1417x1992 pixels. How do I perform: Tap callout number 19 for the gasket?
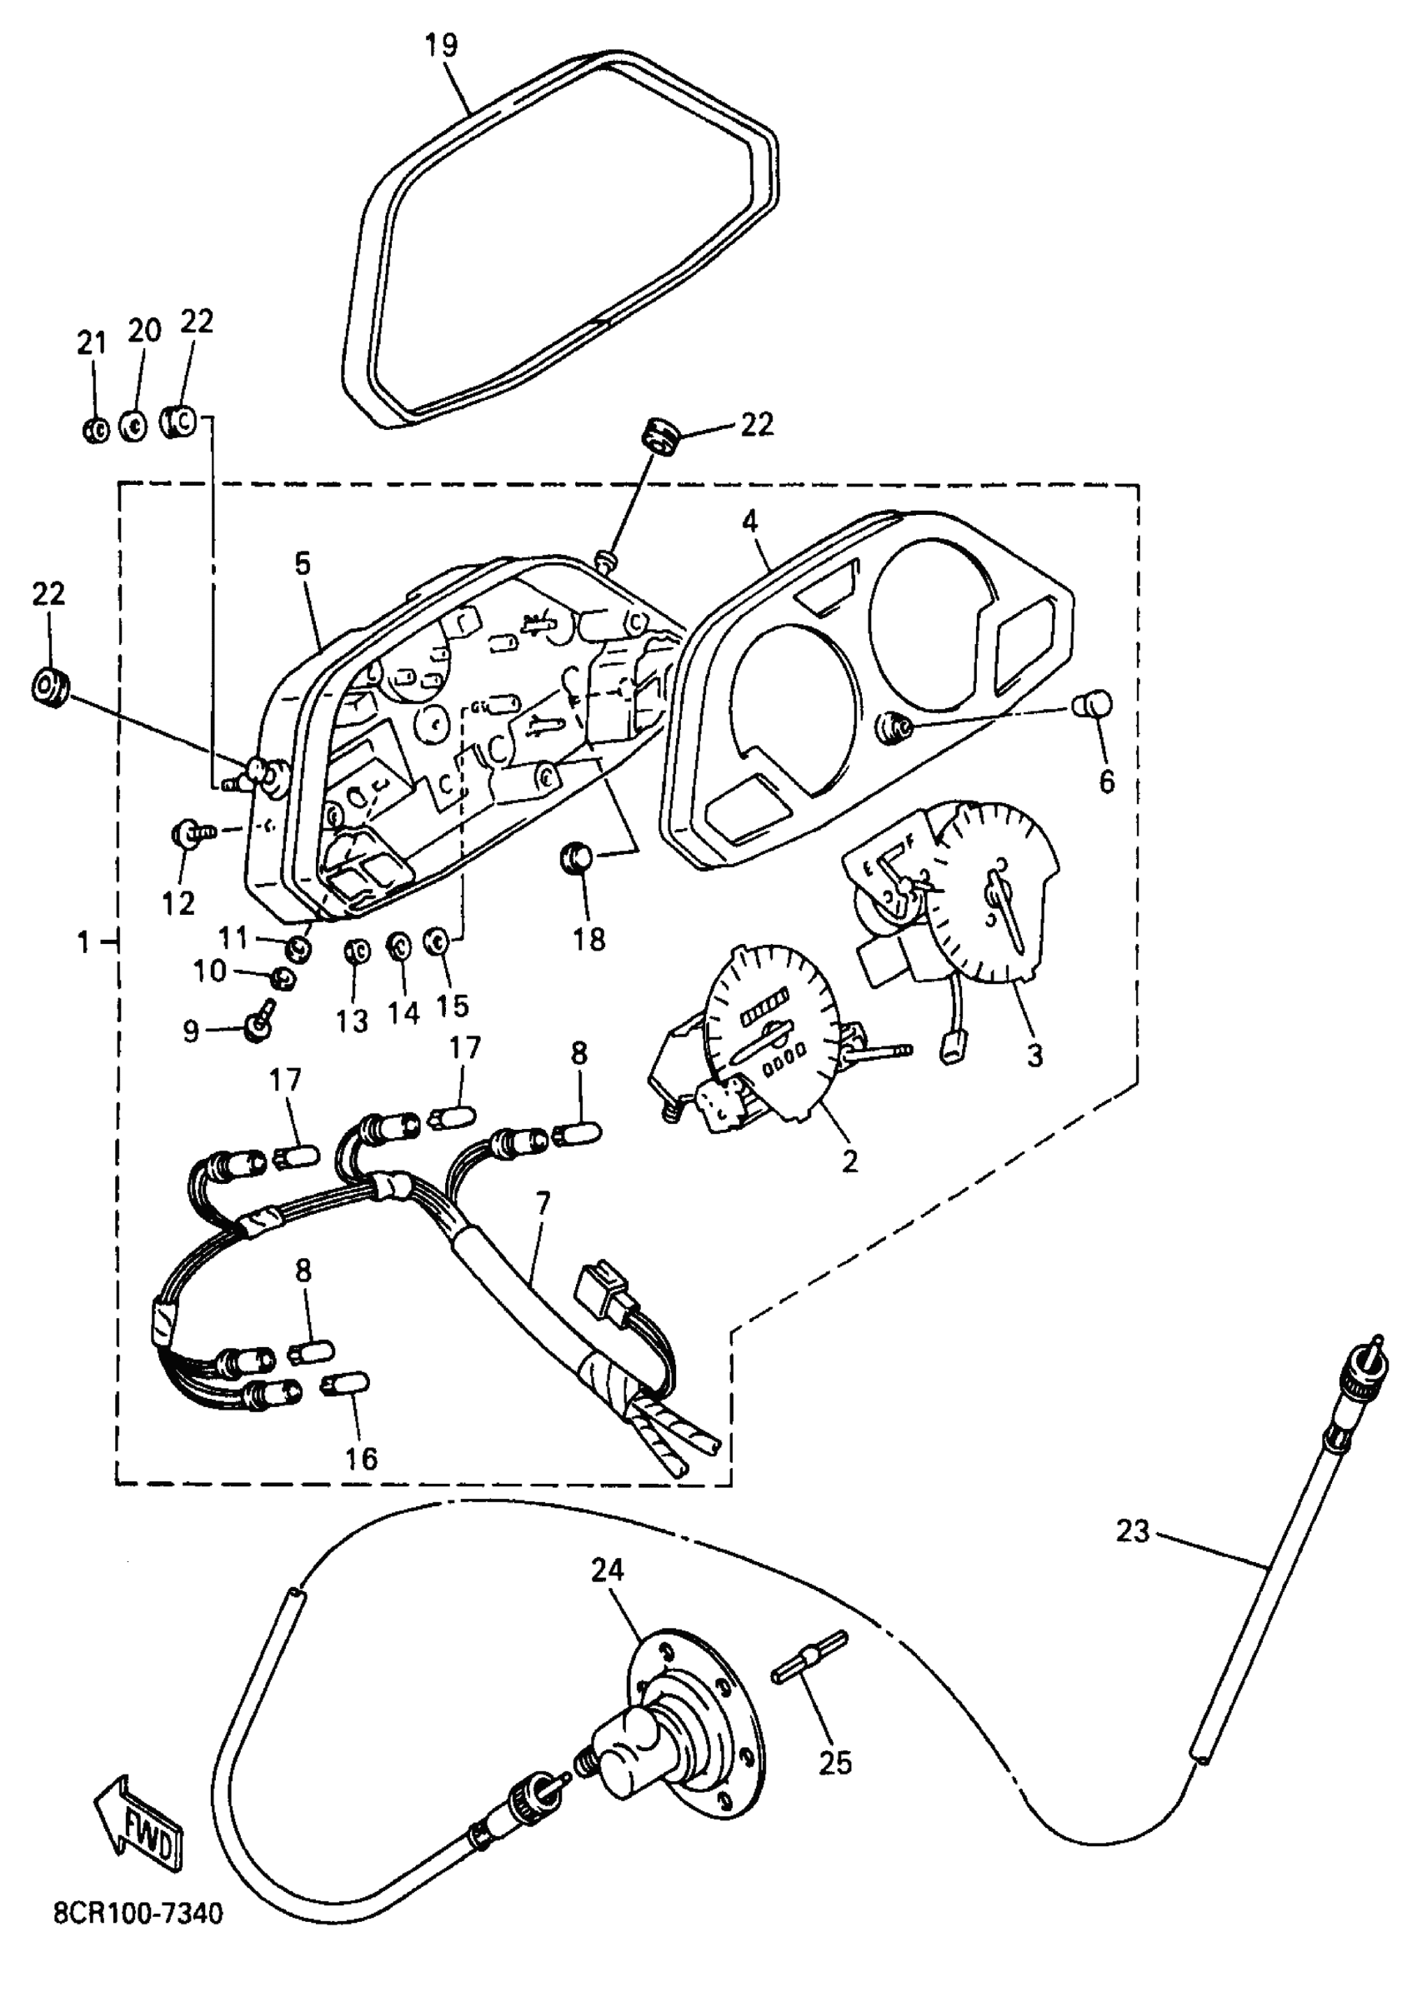pos(442,44)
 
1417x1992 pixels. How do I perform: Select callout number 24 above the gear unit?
pos(608,1570)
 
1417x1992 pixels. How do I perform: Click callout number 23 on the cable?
pos(1134,1530)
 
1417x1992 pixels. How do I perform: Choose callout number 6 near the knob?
pos(1106,781)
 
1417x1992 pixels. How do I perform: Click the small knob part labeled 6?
pos(1094,702)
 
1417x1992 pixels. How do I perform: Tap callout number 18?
pos(589,939)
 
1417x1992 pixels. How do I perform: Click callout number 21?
pos(92,342)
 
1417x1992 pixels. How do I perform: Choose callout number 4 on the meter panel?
pos(749,522)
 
